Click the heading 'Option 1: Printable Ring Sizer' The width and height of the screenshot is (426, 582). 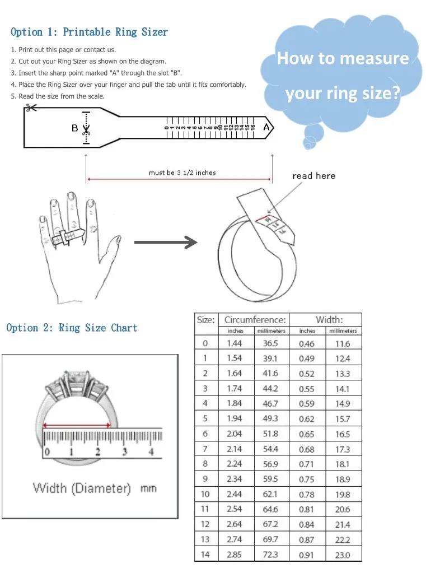[x=89, y=32]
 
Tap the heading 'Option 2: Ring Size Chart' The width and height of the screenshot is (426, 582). [x=72, y=328]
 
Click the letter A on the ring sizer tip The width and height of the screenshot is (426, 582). [x=266, y=128]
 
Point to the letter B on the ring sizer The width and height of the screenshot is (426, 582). [x=74, y=128]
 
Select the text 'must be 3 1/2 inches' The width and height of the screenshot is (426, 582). [x=182, y=173]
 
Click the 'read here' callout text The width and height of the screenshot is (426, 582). [x=313, y=176]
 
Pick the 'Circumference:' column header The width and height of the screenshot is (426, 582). [x=255, y=320]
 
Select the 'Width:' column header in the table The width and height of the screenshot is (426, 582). [x=329, y=320]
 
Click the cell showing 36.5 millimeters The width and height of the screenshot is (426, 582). [x=270, y=343]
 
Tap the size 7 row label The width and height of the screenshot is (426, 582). [x=205, y=449]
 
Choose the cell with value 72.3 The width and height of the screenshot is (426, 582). [x=270, y=555]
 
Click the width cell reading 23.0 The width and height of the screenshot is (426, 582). [x=343, y=555]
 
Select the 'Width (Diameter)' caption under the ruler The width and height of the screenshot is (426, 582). [x=82, y=488]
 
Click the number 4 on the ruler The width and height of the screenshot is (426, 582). [x=151, y=452]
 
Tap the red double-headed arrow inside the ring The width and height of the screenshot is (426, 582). [x=76, y=425]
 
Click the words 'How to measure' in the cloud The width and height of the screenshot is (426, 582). [x=343, y=59]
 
